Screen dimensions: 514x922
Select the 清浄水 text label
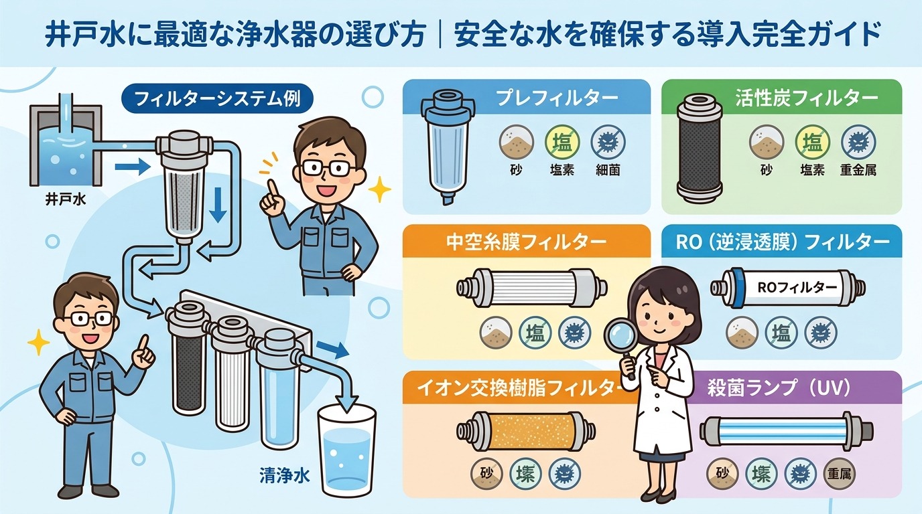pos(284,477)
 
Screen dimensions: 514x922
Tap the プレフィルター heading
pos(557,98)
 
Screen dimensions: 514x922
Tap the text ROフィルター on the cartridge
pos(796,287)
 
